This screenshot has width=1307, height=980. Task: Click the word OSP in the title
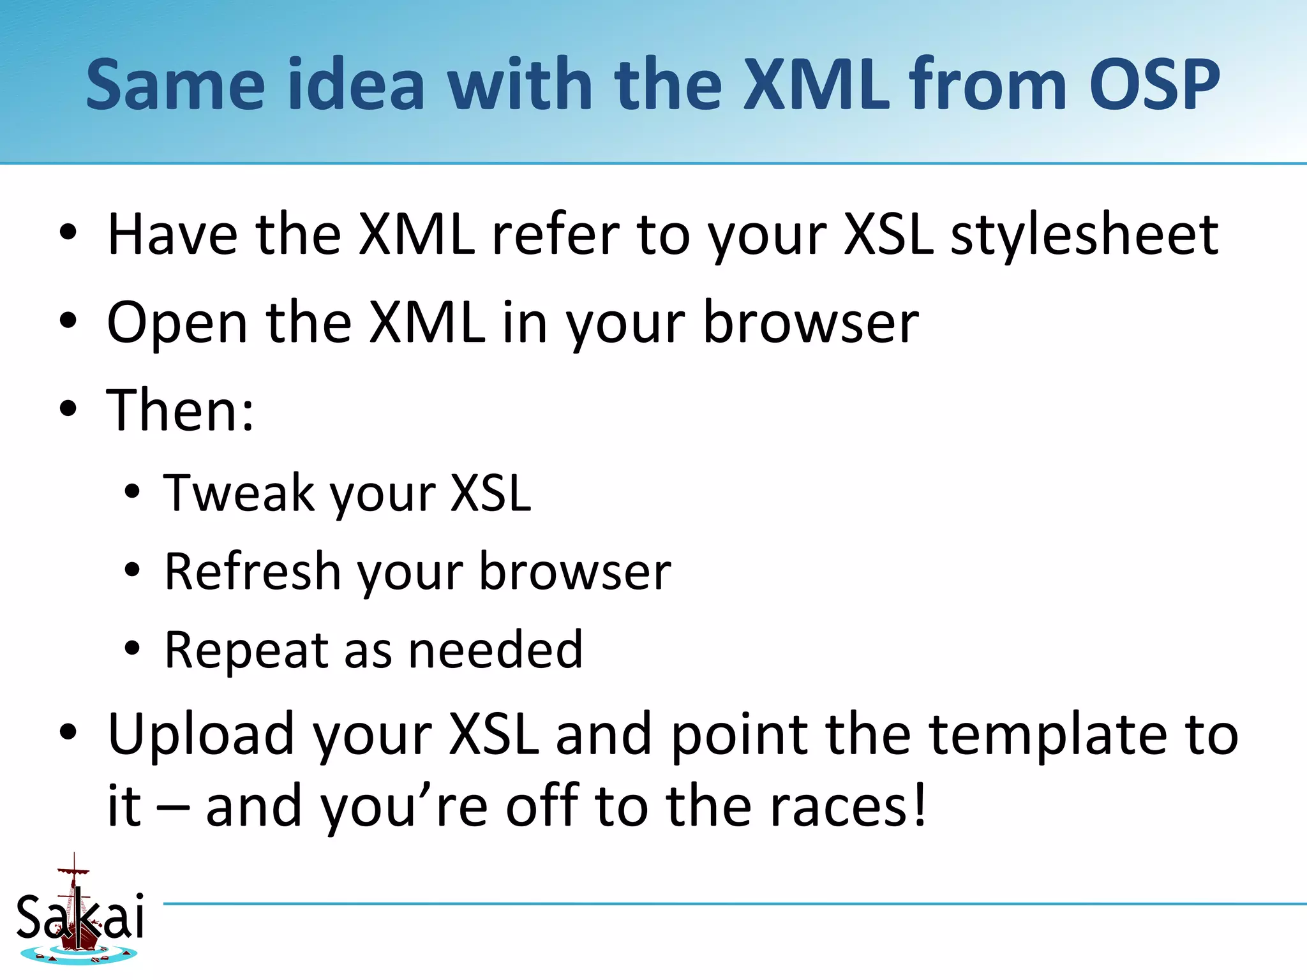point(1154,84)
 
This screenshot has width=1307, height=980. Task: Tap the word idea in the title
point(356,84)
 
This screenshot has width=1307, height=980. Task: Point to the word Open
point(177,324)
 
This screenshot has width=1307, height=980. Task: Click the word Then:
point(180,411)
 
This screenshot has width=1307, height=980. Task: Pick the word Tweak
point(238,493)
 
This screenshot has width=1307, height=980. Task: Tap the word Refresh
point(252,572)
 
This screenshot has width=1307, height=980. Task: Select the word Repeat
point(246,651)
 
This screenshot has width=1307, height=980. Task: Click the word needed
point(495,651)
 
